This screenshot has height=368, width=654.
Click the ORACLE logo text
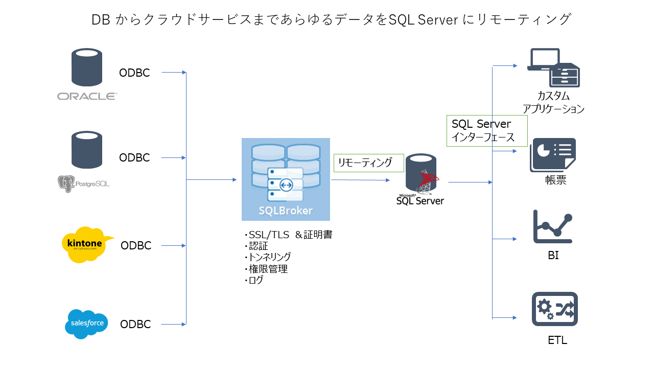point(87,96)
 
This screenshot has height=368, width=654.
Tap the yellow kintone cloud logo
point(85,244)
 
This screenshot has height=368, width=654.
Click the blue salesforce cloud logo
point(87,324)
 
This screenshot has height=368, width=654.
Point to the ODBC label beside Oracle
point(134,73)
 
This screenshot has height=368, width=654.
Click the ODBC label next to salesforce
point(135,325)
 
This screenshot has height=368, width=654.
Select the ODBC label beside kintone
point(136,246)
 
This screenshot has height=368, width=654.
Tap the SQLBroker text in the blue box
point(286,211)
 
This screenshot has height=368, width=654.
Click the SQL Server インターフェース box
point(487,131)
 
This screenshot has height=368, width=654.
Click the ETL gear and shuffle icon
point(554,309)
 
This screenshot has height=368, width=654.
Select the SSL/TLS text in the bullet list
point(267,235)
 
